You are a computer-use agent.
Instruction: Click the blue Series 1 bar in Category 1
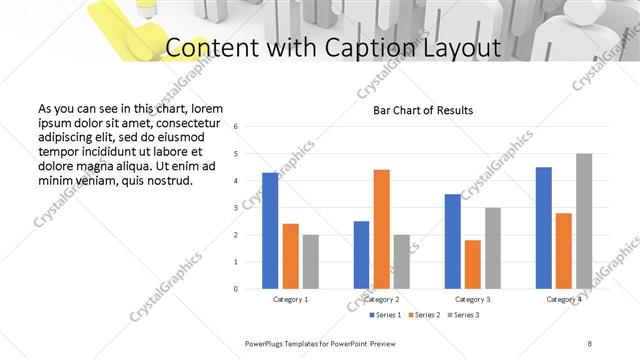pyautogui.click(x=270, y=231)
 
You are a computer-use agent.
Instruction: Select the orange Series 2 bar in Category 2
pyautogui.click(x=381, y=229)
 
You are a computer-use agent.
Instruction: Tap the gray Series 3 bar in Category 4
pyautogui.click(x=584, y=221)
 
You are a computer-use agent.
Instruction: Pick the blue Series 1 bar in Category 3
pyautogui.click(x=453, y=241)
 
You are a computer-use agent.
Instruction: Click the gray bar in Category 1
pyautogui.click(x=311, y=262)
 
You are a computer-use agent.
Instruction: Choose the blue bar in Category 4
pyautogui.click(x=543, y=228)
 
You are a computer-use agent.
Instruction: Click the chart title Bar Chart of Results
pyautogui.click(x=423, y=110)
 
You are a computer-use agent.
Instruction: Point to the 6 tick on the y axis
pyautogui.click(x=236, y=127)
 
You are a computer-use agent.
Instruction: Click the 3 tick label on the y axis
pyautogui.click(x=236, y=208)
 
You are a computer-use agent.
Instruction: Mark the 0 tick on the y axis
pyautogui.click(x=236, y=289)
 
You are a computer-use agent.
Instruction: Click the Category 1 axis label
pyautogui.click(x=290, y=299)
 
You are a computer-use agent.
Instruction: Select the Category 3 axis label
pyautogui.click(x=473, y=299)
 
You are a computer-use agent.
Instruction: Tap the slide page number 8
pyautogui.click(x=589, y=343)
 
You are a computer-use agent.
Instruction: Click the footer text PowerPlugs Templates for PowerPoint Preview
pyautogui.click(x=327, y=343)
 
